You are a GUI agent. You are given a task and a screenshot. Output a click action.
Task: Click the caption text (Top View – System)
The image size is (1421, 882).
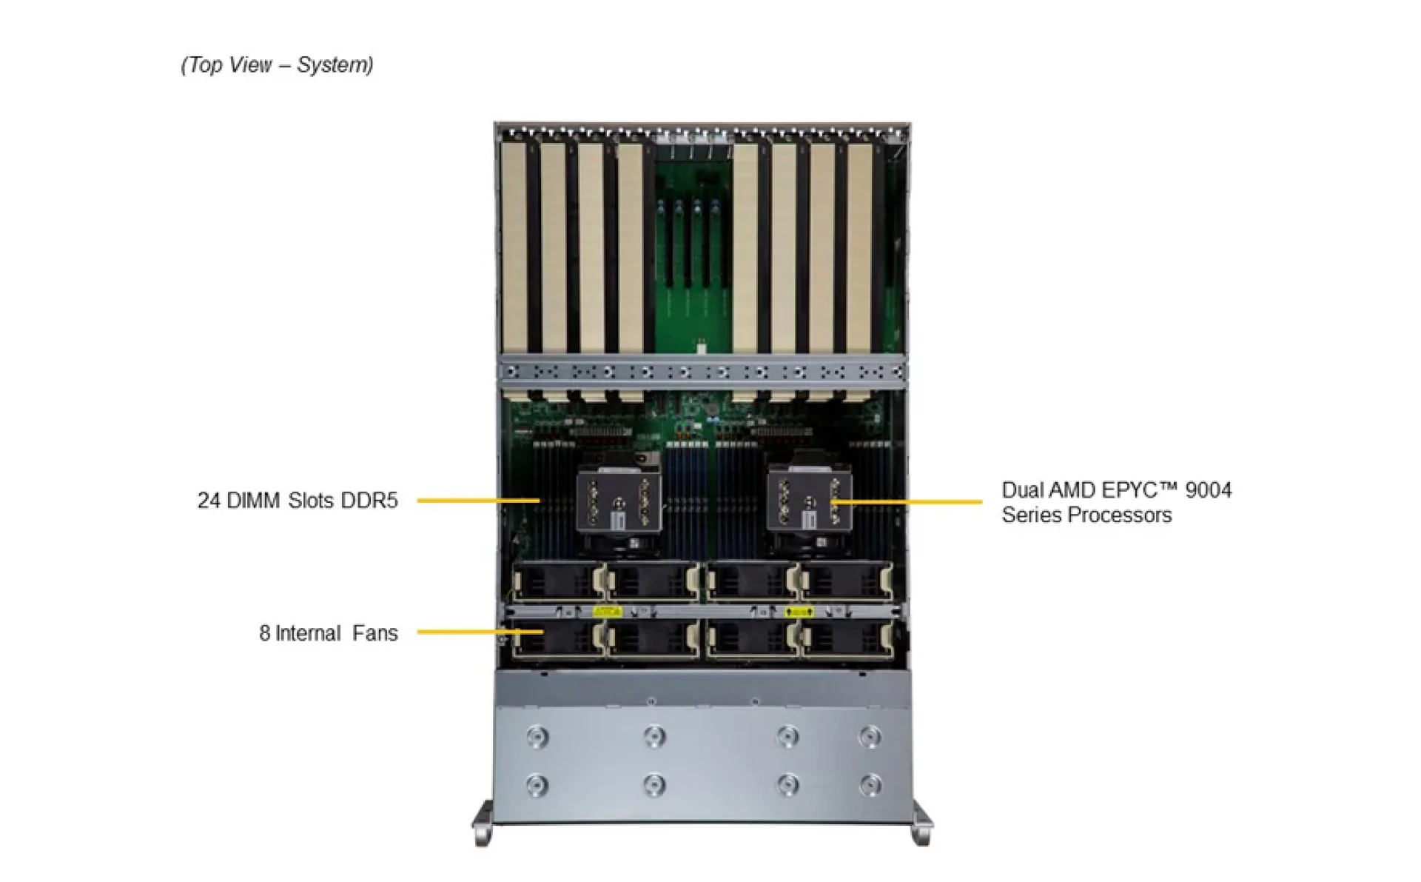[x=277, y=65]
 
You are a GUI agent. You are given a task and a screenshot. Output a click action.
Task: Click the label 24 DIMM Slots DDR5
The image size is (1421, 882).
[x=297, y=501]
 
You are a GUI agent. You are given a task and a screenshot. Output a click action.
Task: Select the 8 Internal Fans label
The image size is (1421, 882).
[x=328, y=633]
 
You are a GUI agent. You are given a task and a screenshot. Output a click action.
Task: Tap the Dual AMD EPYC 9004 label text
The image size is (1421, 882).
[x=1116, y=490]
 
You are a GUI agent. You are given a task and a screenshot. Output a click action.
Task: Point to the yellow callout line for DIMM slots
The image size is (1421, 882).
[x=477, y=501]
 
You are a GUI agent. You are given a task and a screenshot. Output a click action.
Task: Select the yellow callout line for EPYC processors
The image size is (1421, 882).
[x=910, y=502]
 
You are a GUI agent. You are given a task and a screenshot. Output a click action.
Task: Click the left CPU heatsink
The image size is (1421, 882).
[x=619, y=503]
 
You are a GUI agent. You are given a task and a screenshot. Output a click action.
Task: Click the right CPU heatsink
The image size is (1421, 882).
[x=810, y=503]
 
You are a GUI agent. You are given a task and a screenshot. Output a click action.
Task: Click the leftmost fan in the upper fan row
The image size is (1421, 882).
[x=557, y=582]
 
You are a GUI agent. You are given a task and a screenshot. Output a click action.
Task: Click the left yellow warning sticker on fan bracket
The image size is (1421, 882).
[x=607, y=612]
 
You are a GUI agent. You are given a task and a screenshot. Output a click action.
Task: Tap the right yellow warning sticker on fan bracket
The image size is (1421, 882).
[x=799, y=612]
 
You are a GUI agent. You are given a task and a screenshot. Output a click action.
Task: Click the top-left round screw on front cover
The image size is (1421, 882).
[x=537, y=737]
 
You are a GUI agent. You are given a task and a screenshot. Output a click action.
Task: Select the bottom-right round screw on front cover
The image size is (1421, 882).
[x=870, y=784]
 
